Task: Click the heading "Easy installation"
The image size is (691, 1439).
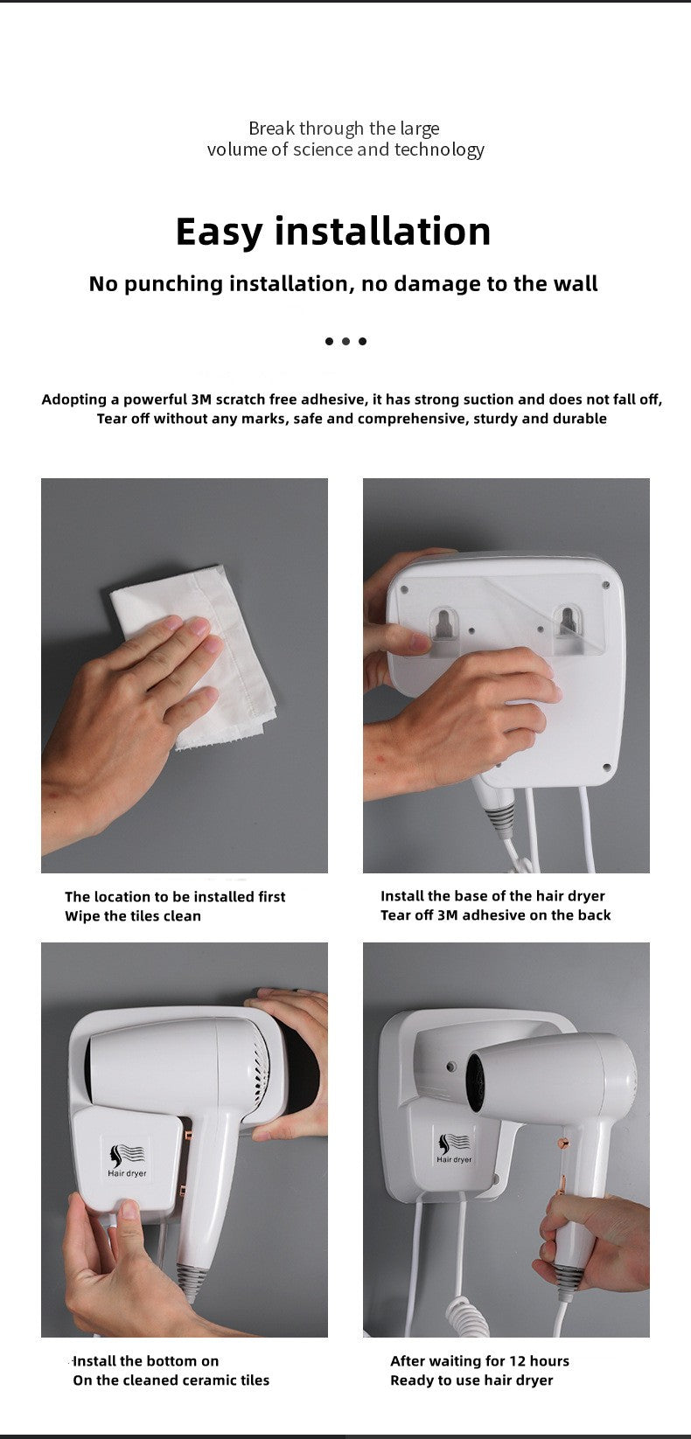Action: coord(333,232)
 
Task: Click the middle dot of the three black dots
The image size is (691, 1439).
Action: coord(345,341)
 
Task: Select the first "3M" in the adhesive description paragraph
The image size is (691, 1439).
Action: coord(201,400)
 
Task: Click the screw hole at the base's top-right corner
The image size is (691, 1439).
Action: coord(605,585)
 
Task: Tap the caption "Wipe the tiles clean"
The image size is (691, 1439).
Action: coord(133,916)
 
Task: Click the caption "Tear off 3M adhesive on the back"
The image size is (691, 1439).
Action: coord(496,914)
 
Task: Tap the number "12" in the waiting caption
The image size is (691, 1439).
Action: coord(518,1360)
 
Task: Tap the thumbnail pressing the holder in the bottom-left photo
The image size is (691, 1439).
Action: coord(129,1210)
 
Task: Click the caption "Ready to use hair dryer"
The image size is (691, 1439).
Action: coord(471,1380)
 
